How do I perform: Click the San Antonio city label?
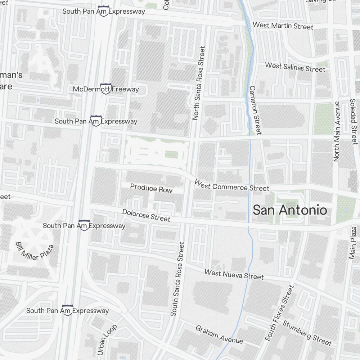pos(290,210)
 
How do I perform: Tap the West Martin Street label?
pos(283,26)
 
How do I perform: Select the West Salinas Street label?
pos(290,67)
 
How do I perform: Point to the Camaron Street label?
pos(255,110)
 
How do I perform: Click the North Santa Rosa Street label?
pos(198,83)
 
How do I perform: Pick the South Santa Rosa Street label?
pos(177,279)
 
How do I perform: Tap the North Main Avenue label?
pos(337,131)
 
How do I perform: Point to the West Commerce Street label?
pos(231,186)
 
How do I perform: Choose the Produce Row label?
pos(151,188)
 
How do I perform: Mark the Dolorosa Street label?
pos(146,215)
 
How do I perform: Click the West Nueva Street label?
pos(234,274)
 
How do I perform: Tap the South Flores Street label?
pos(279,313)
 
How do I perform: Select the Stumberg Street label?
pos(307,333)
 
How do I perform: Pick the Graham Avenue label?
pos(219,334)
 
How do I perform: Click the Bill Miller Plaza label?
pos(35,251)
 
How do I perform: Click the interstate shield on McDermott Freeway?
pos(105,89)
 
